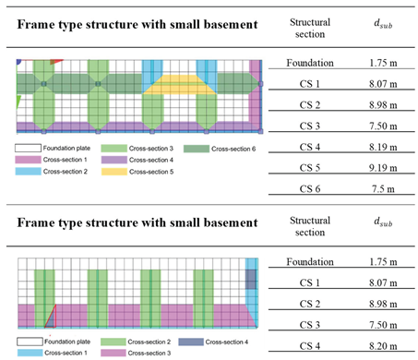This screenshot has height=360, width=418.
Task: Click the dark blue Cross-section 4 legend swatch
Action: pos(182,342)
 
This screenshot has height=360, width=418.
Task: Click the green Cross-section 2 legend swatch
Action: pos(104,342)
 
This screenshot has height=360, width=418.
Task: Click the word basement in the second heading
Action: pos(217,222)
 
